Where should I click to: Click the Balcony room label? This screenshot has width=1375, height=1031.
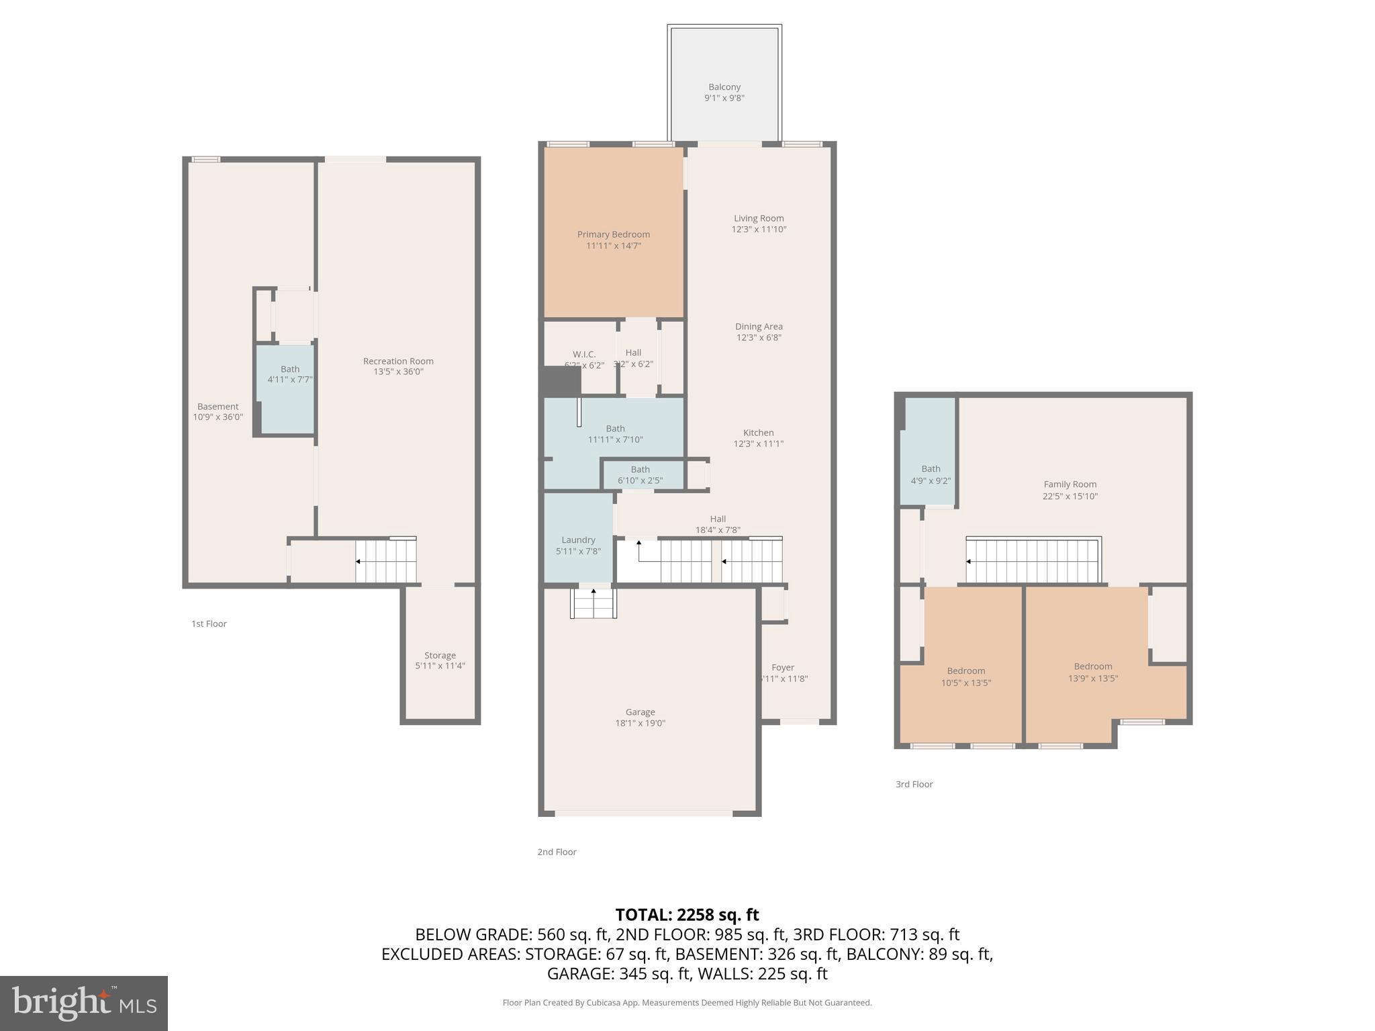tap(724, 87)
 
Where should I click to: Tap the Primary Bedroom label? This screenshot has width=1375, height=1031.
tap(613, 234)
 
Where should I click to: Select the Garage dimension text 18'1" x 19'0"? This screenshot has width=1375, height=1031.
tap(640, 723)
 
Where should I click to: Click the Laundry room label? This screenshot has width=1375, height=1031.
tap(578, 540)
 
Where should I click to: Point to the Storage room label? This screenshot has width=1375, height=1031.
tap(440, 655)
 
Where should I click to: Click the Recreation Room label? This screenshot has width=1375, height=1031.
tap(398, 361)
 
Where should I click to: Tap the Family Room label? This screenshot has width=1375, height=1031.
tap(1070, 484)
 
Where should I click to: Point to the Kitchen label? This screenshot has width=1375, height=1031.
tap(758, 433)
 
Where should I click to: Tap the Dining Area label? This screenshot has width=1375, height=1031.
tap(759, 327)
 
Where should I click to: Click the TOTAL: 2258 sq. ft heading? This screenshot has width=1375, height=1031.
tap(687, 915)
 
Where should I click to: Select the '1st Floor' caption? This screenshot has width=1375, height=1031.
tap(209, 624)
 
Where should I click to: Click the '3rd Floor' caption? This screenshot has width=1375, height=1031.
tap(914, 784)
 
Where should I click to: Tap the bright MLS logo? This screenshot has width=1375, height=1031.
tap(84, 1003)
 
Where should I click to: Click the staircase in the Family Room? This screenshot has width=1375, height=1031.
tap(1033, 560)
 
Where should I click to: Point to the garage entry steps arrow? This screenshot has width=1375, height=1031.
tap(593, 591)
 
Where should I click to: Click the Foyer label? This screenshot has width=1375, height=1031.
tap(783, 667)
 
